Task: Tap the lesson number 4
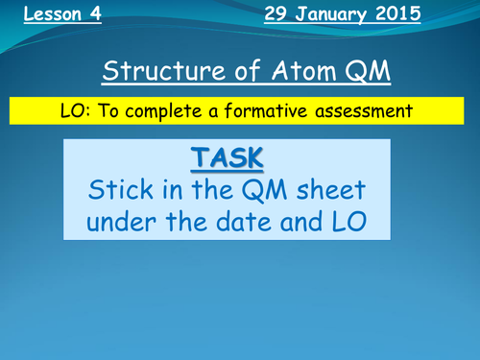96,16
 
